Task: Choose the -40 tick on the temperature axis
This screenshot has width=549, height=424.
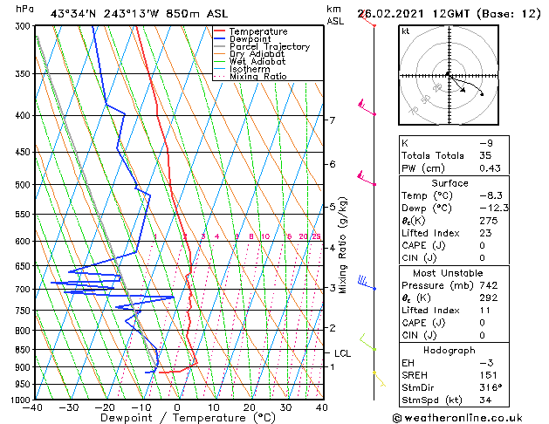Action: [x=33, y=407]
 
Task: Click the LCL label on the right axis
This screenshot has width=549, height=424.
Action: [x=342, y=353]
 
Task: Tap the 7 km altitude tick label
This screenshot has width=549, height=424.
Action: [x=332, y=120]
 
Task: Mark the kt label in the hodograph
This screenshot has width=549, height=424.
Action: [x=405, y=31]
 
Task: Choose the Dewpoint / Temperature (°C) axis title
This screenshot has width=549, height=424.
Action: [x=177, y=419]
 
